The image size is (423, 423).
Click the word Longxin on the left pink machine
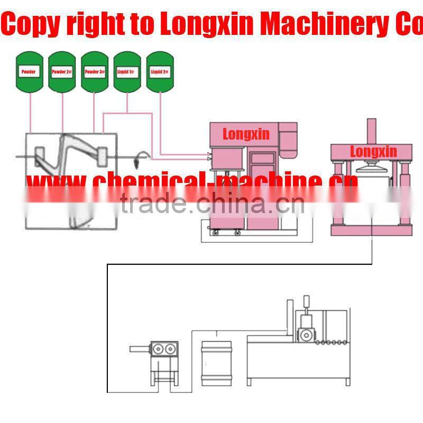(246, 134)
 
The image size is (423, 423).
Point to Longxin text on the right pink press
(373, 152)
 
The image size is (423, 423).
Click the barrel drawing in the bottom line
(217, 362)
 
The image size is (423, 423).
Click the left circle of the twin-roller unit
(159, 350)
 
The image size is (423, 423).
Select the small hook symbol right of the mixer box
(141, 155)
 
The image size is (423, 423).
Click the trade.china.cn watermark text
(212, 204)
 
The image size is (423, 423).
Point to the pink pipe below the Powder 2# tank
(62, 111)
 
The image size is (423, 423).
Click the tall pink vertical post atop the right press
(372, 131)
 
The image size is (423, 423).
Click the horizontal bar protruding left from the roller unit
(140, 348)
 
